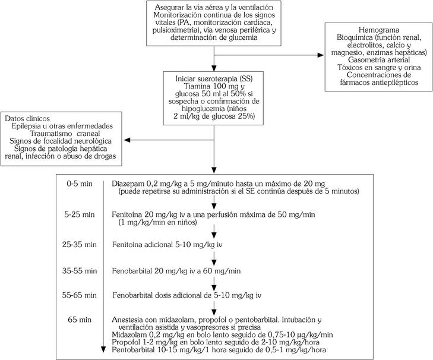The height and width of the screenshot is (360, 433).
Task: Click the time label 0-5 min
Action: (x=80, y=184)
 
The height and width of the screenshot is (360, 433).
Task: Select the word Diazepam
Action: (x=127, y=184)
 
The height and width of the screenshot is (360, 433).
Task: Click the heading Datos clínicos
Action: (x=27, y=118)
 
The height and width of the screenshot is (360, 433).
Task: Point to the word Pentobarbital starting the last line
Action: (x=134, y=350)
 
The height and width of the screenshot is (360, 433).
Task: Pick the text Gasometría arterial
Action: (x=375, y=60)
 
